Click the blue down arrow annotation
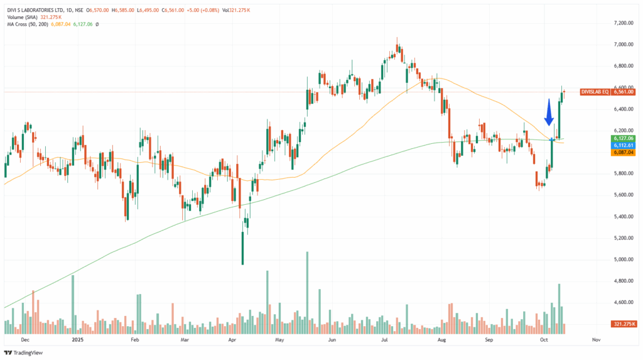548,112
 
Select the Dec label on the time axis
24,339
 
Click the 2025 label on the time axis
77,339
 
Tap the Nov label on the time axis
596,339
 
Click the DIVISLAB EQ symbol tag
595,92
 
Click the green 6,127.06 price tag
624,138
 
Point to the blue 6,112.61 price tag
624,145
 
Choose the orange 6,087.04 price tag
624,152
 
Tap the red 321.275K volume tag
624,324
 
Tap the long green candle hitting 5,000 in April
242,248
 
